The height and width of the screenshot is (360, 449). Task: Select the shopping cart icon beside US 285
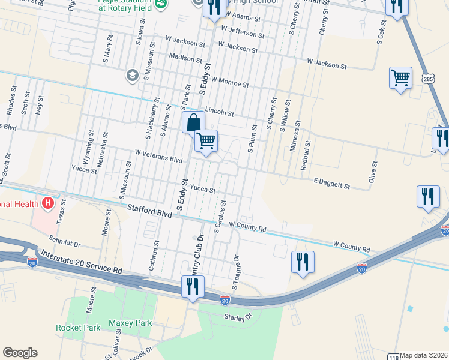[400, 77]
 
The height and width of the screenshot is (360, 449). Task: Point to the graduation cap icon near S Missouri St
[131, 76]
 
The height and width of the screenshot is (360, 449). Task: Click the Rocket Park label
[78, 328]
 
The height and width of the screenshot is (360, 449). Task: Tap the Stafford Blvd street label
[149, 209]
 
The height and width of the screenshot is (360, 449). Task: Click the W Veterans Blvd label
[158, 160]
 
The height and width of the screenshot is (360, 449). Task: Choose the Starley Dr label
[237, 317]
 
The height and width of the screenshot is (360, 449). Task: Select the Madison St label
[185, 59]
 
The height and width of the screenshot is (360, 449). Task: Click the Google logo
[20, 353]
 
